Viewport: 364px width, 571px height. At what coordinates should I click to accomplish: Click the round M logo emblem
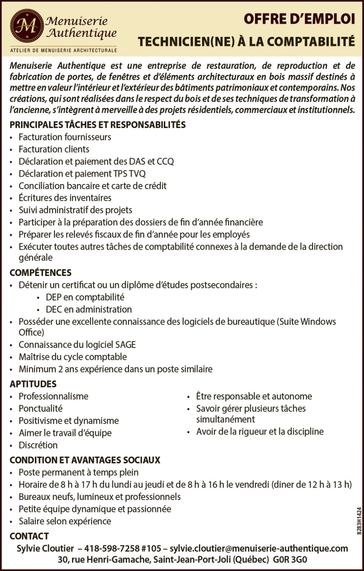27,26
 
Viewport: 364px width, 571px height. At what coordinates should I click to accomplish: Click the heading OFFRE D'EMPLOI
299,20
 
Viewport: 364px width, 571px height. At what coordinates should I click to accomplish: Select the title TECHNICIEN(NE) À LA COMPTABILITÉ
246,42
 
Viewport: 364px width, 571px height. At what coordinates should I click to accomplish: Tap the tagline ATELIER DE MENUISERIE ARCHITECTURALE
63,50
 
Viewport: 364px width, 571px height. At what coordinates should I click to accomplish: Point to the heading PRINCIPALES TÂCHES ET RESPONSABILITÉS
97,125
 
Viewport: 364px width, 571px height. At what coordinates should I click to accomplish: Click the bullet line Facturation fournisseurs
65,137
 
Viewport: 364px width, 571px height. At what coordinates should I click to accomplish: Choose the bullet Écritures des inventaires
65,198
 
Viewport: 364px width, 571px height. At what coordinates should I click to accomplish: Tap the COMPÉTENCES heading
40,273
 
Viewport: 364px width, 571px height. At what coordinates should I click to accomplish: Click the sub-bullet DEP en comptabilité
85,297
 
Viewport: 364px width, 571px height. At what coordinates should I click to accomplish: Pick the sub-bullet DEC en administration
89,309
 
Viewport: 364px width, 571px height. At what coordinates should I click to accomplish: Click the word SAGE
126,345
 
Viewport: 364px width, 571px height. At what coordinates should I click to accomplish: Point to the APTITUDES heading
33,384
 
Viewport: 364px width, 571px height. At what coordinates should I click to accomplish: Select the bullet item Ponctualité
41,409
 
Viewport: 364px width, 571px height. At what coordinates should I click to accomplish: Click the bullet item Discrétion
38,445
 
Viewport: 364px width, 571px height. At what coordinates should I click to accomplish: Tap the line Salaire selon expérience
65,521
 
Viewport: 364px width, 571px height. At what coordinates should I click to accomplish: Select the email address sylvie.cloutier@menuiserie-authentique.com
259,548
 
